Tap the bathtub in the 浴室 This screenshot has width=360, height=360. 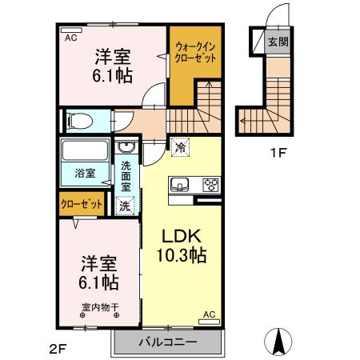(84, 151)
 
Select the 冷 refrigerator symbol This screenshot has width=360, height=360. (180, 146)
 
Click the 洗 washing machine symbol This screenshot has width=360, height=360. (126, 206)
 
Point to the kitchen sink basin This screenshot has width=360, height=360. (180, 186)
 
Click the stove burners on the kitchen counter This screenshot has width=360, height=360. (211, 186)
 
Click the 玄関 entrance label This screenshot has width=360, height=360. (278, 41)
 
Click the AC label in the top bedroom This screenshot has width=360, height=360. (70, 38)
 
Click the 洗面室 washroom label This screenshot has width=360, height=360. (126, 176)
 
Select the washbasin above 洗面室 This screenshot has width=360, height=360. (126, 149)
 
